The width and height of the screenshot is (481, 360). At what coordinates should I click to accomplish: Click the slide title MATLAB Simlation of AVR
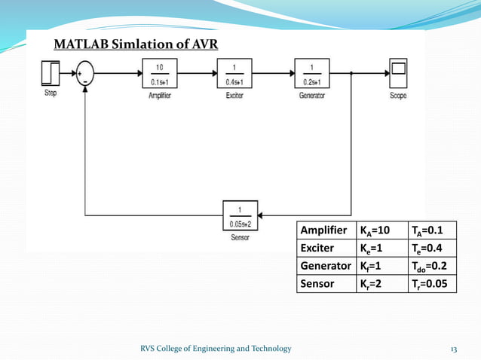click(136, 44)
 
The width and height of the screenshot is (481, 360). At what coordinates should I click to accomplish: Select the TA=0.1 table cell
click(430, 230)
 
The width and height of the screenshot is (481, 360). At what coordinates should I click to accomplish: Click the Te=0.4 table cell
click(430, 248)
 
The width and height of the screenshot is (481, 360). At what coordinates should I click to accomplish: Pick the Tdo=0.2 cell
click(430, 266)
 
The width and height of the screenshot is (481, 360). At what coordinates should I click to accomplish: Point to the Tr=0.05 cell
click(430, 284)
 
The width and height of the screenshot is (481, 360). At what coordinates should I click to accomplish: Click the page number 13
click(454, 347)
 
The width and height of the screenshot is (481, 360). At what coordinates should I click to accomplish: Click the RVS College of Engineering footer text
click(216, 347)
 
